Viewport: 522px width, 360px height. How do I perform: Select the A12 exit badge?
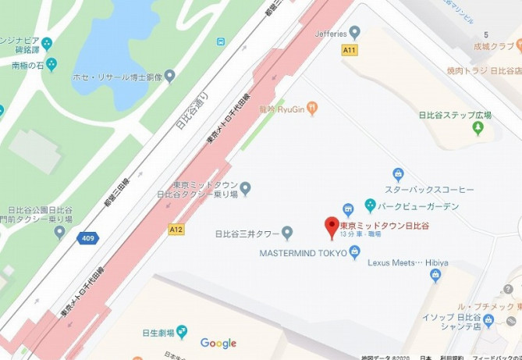tap(177, 230)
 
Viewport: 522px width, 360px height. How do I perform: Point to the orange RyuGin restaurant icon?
tap(313, 109)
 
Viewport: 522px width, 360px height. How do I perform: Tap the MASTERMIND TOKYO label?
tap(303, 251)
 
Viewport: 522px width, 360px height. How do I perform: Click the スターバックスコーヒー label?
tap(429, 189)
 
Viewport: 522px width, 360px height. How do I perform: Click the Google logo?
tap(218, 343)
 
